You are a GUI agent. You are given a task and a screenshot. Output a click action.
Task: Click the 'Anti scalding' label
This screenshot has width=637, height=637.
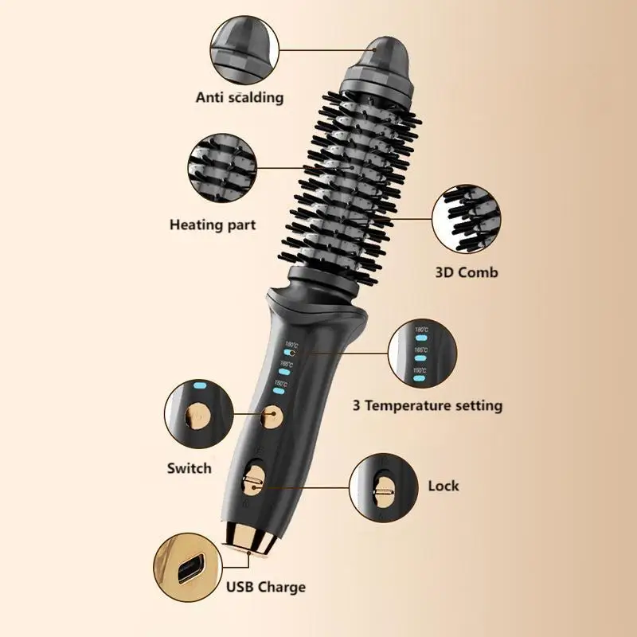(x=240, y=98)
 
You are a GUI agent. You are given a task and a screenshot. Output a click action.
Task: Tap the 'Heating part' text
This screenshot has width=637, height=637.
(x=213, y=225)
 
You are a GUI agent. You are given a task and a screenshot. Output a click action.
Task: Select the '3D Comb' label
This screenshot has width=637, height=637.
(x=467, y=272)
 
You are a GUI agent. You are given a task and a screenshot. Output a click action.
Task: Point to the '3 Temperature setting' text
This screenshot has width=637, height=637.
(x=428, y=405)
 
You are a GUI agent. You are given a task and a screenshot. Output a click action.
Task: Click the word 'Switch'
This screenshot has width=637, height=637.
(x=190, y=467)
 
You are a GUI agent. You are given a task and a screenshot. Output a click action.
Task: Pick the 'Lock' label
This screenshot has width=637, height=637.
(x=444, y=486)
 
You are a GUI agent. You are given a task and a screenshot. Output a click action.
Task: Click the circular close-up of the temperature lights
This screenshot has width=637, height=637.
(x=422, y=350)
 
